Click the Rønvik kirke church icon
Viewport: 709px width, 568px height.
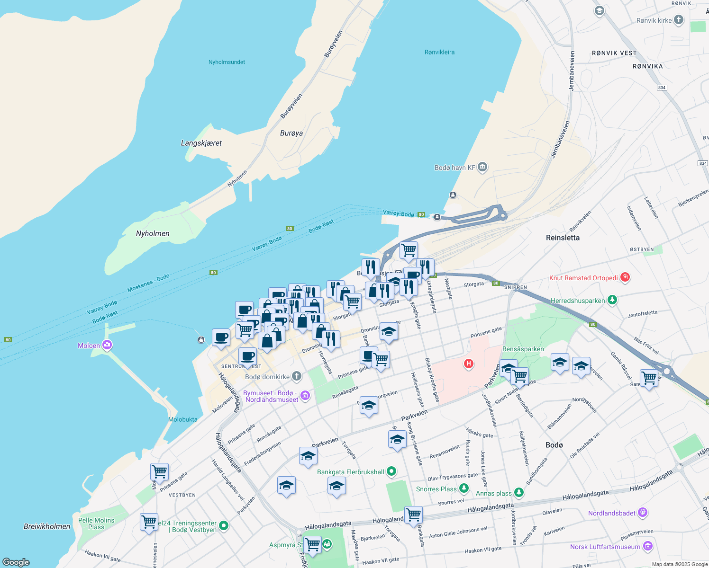tap(679, 20)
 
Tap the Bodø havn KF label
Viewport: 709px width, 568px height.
tap(454, 168)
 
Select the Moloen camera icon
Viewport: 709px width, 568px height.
tap(107, 345)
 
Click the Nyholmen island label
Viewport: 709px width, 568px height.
tap(153, 233)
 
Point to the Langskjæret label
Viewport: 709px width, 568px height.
tap(201, 143)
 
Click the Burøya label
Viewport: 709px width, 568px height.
tap(291, 133)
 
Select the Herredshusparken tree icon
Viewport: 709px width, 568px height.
tap(612, 300)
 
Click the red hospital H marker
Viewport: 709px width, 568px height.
tap(468, 364)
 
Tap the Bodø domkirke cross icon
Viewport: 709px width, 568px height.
tap(296, 376)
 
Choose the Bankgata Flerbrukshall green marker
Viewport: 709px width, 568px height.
tap(391, 471)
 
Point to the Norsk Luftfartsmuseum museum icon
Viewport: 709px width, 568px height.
tap(647, 546)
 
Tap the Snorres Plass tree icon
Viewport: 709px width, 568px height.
tap(464, 488)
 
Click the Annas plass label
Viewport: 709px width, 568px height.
tap(493, 493)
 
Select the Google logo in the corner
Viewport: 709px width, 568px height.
tap(16, 562)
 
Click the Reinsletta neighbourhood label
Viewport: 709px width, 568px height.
tap(563, 238)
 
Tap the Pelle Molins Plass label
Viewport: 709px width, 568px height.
tap(96, 524)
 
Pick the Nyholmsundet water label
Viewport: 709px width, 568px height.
tap(227, 62)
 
